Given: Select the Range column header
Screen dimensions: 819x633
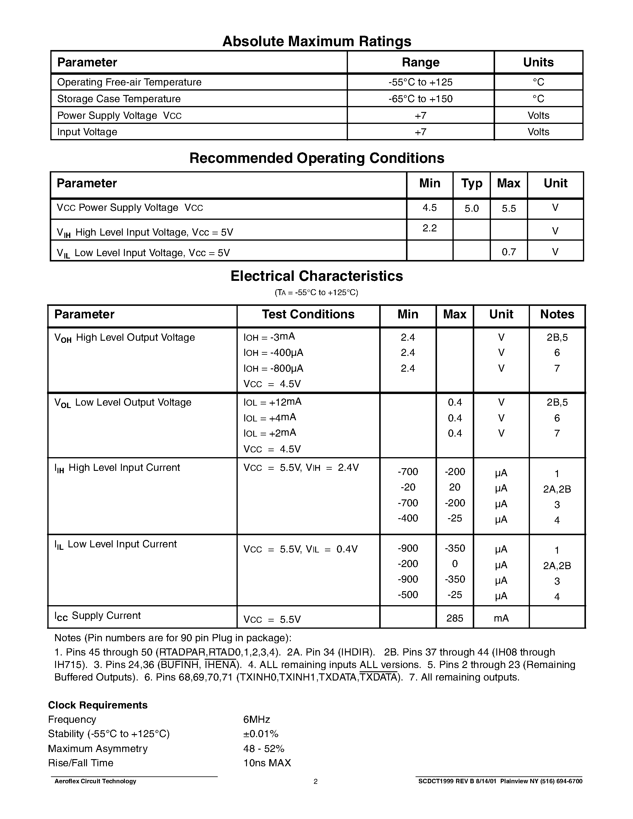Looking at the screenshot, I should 420,62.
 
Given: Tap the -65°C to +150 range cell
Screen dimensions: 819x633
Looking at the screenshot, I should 420,99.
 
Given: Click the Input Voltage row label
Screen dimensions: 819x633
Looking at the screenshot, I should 87,132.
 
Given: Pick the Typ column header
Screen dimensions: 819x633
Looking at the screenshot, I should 471,183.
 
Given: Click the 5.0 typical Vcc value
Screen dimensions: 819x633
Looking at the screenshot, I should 471,209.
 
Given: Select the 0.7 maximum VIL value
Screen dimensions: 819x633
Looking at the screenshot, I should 508,252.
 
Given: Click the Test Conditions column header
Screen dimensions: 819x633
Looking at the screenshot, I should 308,314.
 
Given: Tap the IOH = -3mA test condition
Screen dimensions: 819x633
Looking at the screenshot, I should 269,337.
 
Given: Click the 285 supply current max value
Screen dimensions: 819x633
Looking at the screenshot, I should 455,618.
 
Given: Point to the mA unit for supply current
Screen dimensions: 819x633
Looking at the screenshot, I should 501,618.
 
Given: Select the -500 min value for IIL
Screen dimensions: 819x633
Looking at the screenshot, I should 408,595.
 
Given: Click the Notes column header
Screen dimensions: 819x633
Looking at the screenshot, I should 557,314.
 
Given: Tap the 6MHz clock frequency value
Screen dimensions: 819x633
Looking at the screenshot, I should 256,719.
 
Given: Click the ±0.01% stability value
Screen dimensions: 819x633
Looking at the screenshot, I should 261,734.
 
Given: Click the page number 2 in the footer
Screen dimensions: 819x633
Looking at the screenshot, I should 315,781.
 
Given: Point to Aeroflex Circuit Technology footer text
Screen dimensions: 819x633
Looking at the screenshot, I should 95,781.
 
